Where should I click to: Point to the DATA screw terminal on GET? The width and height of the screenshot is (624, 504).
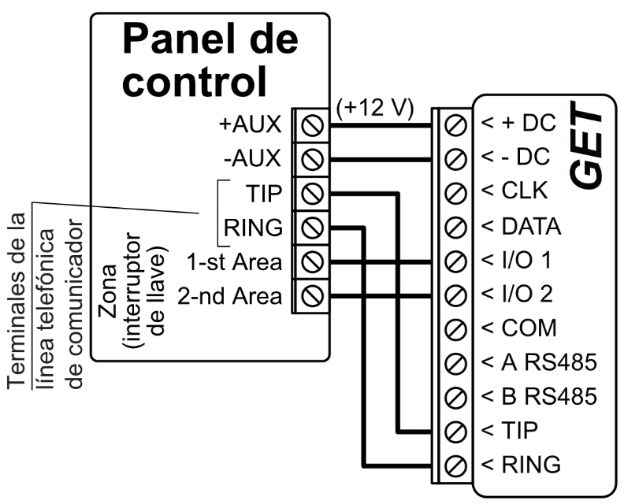click(x=454, y=227)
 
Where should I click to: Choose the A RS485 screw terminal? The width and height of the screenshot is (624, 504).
click(x=454, y=362)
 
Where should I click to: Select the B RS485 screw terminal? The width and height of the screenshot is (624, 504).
click(x=454, y=396)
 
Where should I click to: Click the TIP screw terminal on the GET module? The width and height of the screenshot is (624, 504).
click(x=454, y=430)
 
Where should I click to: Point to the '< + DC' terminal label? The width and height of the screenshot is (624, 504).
click(x=518, y=125)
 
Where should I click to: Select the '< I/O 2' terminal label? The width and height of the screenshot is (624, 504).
click(x=517, y=295)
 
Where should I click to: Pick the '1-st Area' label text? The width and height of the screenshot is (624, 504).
click(x=234, y=261)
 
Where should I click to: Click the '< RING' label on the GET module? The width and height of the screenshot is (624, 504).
click(x=521, y=464)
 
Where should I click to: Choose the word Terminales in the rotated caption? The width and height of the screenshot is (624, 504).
click(x=18, y=299)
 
